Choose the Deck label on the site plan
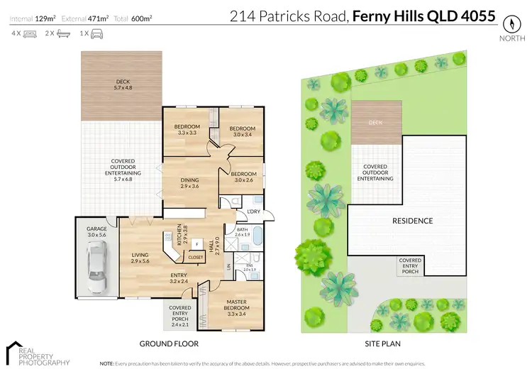coord(376,122)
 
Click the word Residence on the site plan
coord(412,221)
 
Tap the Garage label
coord(95,231)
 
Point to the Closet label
coord(196,257)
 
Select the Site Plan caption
coord(384,343)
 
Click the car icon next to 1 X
coord(95,33)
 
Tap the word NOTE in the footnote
coord(108,362)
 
